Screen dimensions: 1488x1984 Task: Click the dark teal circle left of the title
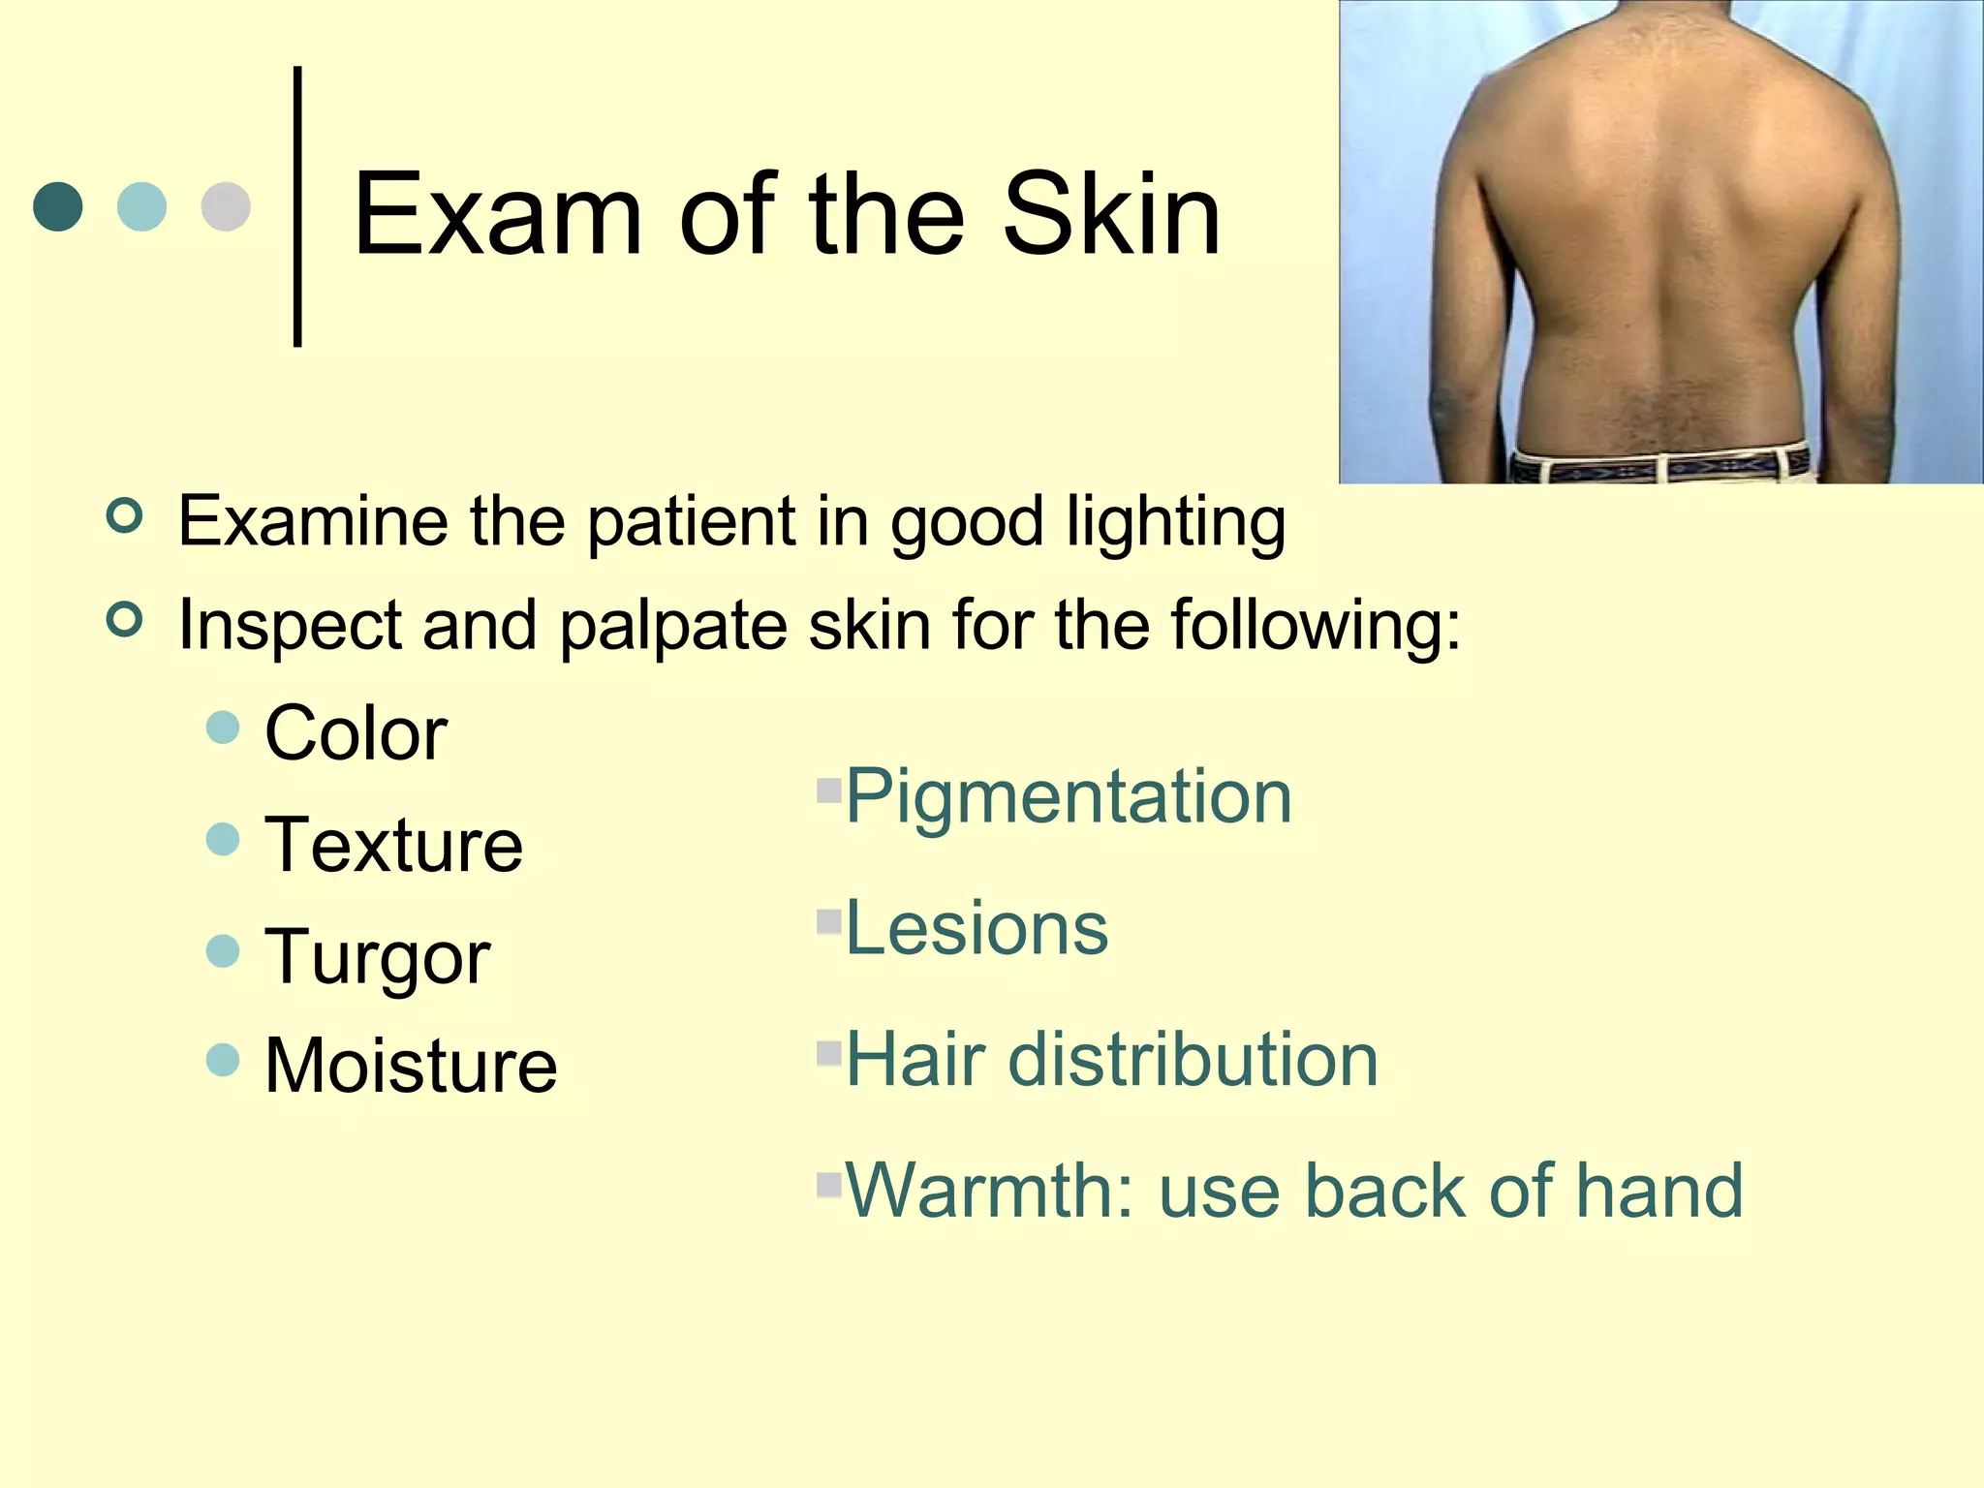[x=58, y=206]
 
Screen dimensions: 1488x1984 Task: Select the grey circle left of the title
[x=226, y=206]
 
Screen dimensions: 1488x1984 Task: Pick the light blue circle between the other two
[x=141, y=206]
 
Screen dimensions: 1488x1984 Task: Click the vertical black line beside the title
[x=297, y=205]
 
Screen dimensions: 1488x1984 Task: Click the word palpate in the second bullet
[x=673, y=627]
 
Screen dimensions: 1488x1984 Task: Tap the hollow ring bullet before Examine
[x=125, y=514]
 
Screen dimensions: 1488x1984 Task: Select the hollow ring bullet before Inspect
[x=125, y=618]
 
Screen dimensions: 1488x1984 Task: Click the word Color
[x=356, y=733]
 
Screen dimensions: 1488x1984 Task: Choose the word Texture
[x=393, y=845]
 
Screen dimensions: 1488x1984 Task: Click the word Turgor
[x=378, y=957]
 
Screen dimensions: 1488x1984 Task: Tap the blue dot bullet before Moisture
[x=223, y=1060]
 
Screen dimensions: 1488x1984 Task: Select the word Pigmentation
[x=1069, y=798]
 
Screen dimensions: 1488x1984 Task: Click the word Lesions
[x=976, y=928]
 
